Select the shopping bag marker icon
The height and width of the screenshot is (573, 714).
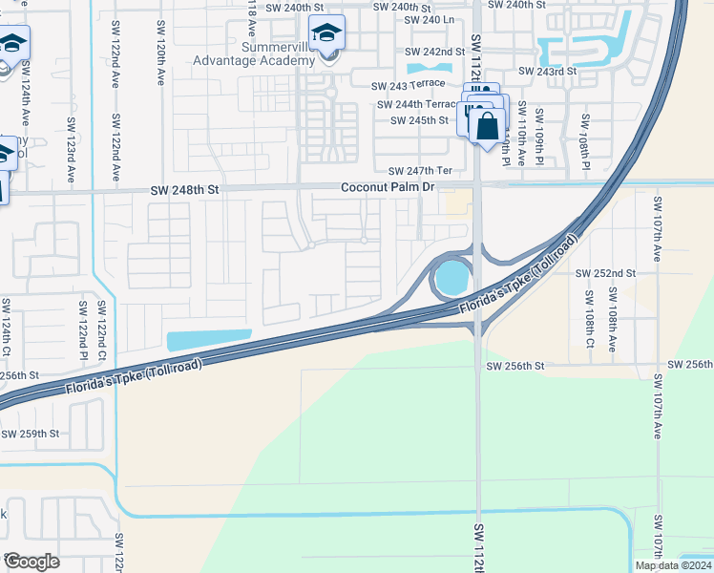pyautogui.click(x=487, y=125)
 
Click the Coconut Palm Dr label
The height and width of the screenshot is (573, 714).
pyautogui.click(x=388, y=187)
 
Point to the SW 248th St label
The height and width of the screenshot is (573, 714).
pyautogui.click(x=185, y=190)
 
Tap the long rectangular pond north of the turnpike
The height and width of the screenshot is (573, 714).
pyautogui.click(x=209, y=339)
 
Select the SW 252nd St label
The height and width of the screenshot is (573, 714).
pyautogui.click(x=605, y=273)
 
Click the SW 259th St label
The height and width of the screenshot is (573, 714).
pyautogui.click(x=30, y=434)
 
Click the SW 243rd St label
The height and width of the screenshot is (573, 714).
pyautogui.click(x=547, y=72)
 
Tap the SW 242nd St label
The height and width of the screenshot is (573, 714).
pyautogui.click(x=434, y=52)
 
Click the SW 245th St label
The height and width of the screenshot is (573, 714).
pyautogui.click(x=419, y=120)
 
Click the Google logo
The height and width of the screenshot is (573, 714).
pyautogui.click(x=31, y=562)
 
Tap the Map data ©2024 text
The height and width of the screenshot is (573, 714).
pyautogui.click(x=673, y=565)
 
